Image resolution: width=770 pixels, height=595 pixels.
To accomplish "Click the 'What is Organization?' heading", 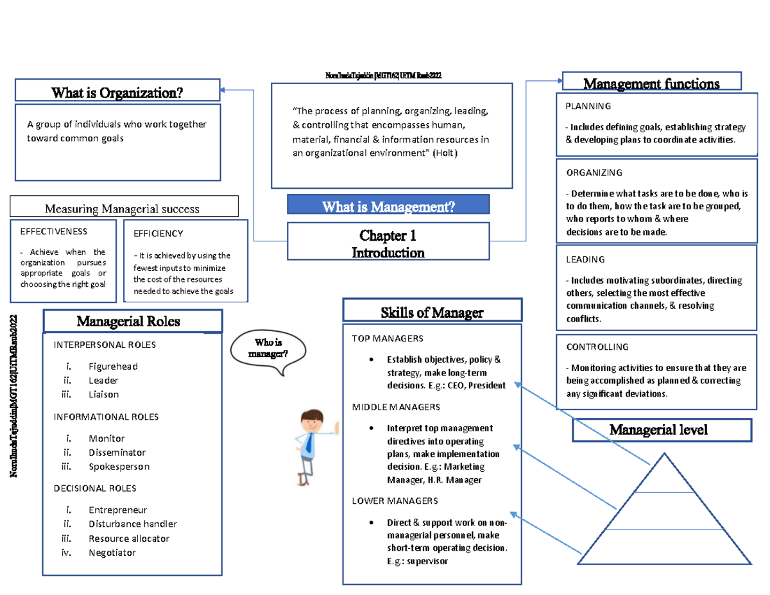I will pos(117,92).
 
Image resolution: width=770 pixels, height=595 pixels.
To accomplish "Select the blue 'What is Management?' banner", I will pos(388,206).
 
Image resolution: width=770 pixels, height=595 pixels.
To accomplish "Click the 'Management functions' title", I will pos(651,83).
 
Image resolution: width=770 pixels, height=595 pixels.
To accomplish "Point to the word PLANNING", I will pos(588,106).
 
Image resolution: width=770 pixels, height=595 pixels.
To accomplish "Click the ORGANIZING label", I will pos(594,173).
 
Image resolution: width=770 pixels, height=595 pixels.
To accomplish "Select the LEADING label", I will pos(585,259).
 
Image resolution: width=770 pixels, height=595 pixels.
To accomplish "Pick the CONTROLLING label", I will pos(597,347).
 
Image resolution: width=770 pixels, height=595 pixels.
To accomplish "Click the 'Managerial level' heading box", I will pos(661,429).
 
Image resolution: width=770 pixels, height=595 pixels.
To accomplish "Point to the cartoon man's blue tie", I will pos(309,442).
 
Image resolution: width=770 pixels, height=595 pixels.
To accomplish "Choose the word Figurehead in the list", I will pos(113,366).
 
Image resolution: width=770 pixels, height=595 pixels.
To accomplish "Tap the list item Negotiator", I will pos(112,552).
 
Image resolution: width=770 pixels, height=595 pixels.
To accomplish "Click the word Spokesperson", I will pos(119,467).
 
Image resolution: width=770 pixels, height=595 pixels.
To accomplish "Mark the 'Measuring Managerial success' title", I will pos(121,209).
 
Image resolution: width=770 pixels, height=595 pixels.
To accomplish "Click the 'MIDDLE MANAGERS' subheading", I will pos(396,408).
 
